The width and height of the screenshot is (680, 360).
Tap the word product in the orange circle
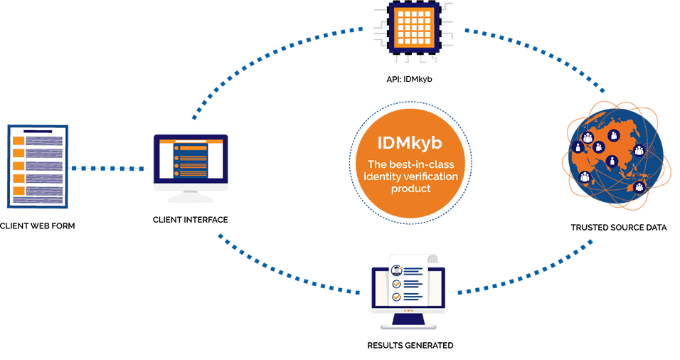point(405,189)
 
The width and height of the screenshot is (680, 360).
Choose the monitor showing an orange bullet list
point(191,162)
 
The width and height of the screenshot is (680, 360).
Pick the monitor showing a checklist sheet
point(408,290)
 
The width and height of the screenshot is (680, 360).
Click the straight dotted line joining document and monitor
point(110,169)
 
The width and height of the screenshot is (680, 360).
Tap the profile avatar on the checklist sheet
point(395,270)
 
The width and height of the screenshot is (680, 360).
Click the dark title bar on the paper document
point(38,131)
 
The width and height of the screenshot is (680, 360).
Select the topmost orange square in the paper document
point(20,141)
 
